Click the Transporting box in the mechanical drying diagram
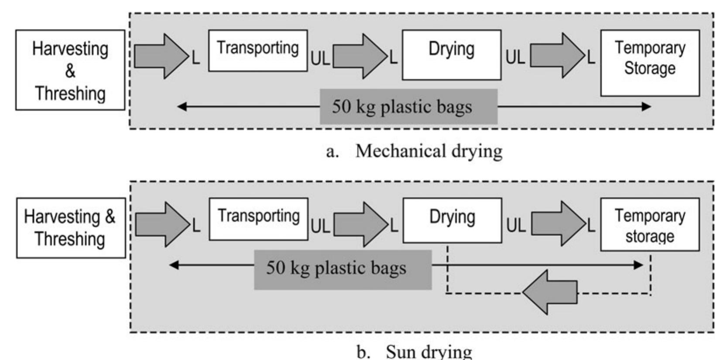click(x=257, y=50)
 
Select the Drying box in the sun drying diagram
click(x=452, y=220)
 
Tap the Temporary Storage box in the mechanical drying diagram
click(x=650, y=63)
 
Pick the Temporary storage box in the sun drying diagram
click(x=650, y=224)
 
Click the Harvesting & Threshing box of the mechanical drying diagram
click(x=70, y=70)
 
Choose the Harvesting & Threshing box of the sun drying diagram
click(x=71, y=228)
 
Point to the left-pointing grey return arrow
click(x=550, y=292)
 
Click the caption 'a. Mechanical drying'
click(x=414, y=151)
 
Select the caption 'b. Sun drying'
click(x=414, y=351)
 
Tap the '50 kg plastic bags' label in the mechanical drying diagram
click(x=408, y=106)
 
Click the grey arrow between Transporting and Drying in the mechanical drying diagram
click(x=360, y=56)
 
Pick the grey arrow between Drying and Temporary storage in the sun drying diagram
click(x=559, y=223)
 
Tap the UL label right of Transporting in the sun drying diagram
click(x=320, y=226)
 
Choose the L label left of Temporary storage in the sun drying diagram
click(x=591, y=226)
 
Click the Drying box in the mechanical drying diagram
click(x=451, y=55)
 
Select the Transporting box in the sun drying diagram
click(x=258, y=219)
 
